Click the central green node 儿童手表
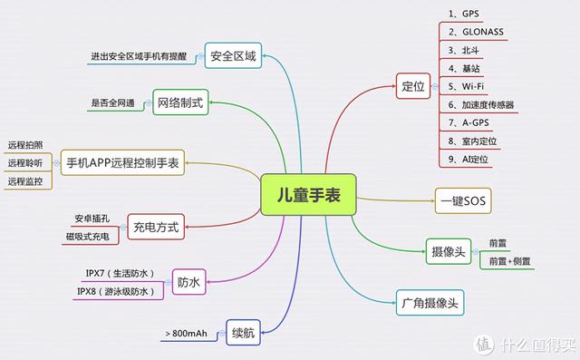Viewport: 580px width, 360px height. (308, 195)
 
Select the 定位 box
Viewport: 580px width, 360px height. (413, 86)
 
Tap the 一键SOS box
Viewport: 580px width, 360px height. (463, 201)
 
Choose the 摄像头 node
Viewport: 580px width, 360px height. (449, 251)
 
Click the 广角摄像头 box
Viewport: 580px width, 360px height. (430, 303)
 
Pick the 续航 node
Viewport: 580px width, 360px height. (244, 333)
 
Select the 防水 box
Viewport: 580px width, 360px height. (188, 282)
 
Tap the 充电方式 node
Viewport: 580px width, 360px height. (156, 227)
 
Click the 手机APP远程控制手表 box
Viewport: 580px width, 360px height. (122, 162)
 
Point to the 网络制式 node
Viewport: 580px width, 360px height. (180, 102)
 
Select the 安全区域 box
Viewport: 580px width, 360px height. (233, 55)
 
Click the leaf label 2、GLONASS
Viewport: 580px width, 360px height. (476, 32)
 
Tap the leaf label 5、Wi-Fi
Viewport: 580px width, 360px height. (466, 86)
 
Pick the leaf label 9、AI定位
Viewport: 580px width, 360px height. (469, 159)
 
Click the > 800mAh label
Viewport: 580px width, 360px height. (186, 334)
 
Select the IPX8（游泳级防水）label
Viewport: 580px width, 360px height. (116, 292)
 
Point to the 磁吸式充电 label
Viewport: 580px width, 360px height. (88, 237)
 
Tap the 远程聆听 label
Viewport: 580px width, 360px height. (25, 163)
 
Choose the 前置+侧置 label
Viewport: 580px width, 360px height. (509, 261)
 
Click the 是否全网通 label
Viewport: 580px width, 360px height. (112, 102)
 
